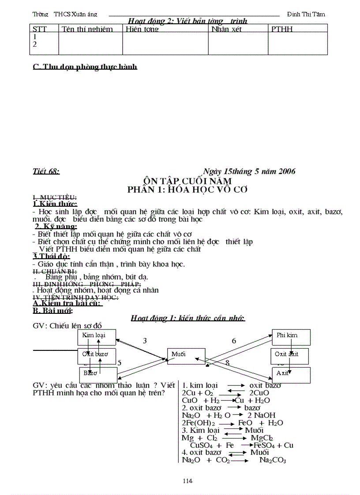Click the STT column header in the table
click(40, 29)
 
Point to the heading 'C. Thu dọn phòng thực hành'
click(85, 67)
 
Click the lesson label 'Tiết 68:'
click(46, 171)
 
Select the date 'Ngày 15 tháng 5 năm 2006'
click(249, 171)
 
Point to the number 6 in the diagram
click(234, 341)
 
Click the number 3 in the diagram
click(145, 341)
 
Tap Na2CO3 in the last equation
click(273, 460)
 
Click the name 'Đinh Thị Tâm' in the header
click(306, 14)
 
